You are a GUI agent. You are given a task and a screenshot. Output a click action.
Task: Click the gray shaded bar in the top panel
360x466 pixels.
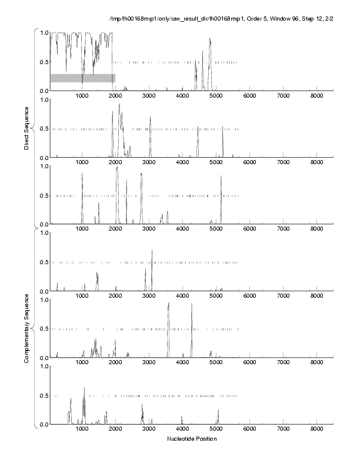click(82, 78)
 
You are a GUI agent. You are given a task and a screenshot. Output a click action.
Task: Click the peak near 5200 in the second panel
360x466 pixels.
click(223, 129)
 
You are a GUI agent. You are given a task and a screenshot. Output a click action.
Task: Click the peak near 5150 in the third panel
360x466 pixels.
click(221, 177)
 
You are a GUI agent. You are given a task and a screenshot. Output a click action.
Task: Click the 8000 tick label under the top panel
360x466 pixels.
click(316, 96)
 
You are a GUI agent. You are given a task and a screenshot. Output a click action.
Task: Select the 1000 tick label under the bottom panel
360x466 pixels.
click(82, 430)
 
